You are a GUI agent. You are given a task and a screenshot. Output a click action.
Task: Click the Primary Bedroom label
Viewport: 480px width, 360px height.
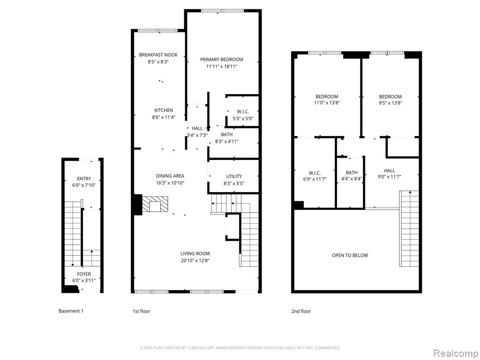(x=222, y=60)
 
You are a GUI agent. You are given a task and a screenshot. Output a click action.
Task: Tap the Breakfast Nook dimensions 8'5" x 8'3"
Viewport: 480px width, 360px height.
(x=158, y=61)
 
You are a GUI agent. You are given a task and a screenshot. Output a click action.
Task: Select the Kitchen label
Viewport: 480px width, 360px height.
(x=164, y=110)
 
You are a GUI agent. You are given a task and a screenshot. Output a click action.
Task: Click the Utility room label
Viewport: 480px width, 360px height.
(x=234, y=176)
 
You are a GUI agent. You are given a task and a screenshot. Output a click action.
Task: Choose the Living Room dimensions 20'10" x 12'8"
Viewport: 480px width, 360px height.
(x=195, y=261)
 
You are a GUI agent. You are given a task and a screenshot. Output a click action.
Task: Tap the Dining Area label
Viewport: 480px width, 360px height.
(x=170, y=176)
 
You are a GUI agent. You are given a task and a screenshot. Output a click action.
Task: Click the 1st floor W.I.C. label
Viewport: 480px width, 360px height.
(x=243, y=112)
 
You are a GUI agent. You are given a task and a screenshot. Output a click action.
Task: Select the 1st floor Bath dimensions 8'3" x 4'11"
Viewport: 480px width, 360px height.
(x=226, y=142)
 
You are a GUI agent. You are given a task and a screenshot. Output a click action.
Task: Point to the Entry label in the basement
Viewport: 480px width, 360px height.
(x=84, y=179)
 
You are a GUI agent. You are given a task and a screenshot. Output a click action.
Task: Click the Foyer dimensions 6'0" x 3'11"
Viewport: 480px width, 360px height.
(x=84, y=280)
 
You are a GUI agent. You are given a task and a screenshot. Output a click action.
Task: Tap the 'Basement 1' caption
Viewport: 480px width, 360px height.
(x=71, y=311)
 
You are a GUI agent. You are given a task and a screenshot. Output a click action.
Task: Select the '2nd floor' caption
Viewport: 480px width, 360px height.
(x=301, y=311)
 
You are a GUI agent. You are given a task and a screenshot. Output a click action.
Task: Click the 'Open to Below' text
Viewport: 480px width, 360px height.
(x=350, y=255)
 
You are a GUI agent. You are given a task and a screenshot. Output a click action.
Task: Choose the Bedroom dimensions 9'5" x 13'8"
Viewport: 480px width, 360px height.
(x=390, y=103)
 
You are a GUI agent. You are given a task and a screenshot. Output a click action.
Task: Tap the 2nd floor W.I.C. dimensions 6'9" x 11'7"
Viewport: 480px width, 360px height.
(x=315, y=179)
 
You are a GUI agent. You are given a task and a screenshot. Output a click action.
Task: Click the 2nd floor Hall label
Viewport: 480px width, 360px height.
(x=390, y=171)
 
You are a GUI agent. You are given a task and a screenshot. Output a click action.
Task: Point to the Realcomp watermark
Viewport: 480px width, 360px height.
(x=456, y=353)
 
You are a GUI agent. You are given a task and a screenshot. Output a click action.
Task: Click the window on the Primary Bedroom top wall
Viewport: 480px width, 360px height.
(x=223, y=11)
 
